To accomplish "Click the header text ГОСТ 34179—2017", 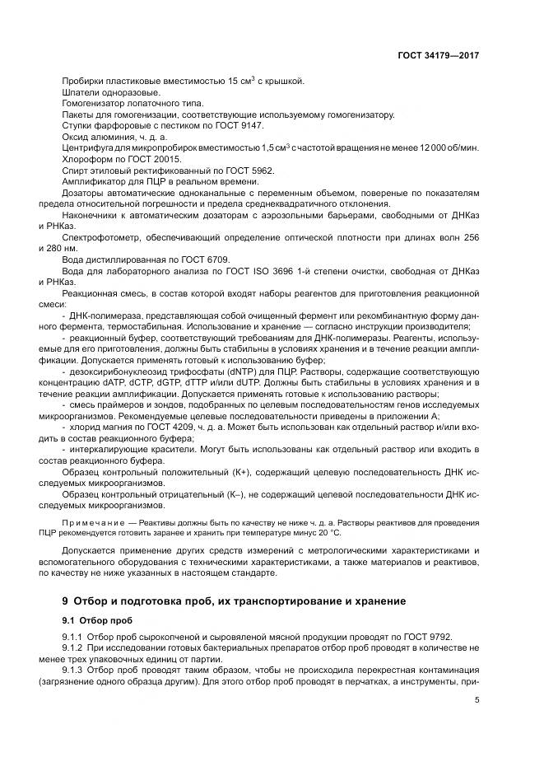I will (439, 54).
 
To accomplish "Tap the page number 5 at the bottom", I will (477, 700).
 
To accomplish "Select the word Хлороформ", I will (85, 158).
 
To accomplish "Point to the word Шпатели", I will (81, 92).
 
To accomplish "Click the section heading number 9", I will (66, 601).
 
